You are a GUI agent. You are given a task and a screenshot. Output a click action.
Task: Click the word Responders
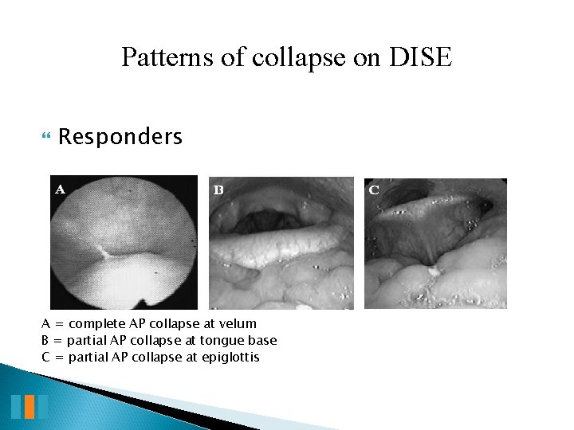click(x=120, y=137)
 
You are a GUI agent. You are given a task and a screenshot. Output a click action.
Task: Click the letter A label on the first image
click(x=60, y=190)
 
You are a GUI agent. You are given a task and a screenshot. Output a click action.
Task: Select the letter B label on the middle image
click(x=218, y=190)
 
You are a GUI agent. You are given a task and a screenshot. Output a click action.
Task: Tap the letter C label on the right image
click(x=374, y=190)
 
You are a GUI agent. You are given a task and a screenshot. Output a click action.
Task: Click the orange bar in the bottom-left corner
click(x=29, y=406)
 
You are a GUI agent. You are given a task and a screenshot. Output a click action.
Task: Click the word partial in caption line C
click(x=89, y=357)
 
